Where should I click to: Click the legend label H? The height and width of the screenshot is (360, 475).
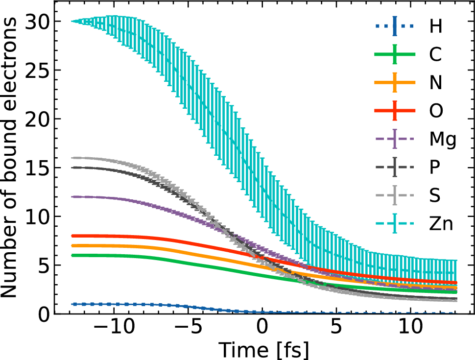tap(436, 26)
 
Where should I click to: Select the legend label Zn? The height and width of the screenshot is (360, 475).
tap(441, 224)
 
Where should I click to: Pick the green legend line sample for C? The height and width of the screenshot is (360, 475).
tap(395, 54)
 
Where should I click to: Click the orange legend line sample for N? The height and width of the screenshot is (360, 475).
tap(395, 83)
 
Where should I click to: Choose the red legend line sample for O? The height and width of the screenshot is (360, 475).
tap(395, 111)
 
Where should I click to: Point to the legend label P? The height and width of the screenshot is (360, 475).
tap(435, 168)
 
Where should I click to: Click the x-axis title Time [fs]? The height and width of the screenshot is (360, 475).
tap(263, 350)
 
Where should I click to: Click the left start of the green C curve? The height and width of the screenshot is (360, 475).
tap(72, 255)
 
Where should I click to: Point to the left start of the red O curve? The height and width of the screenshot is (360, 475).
tap(72, 236)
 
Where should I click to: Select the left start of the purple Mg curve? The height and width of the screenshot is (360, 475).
tap(72, 197)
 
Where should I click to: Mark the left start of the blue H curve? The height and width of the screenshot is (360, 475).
tap(72, 304)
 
